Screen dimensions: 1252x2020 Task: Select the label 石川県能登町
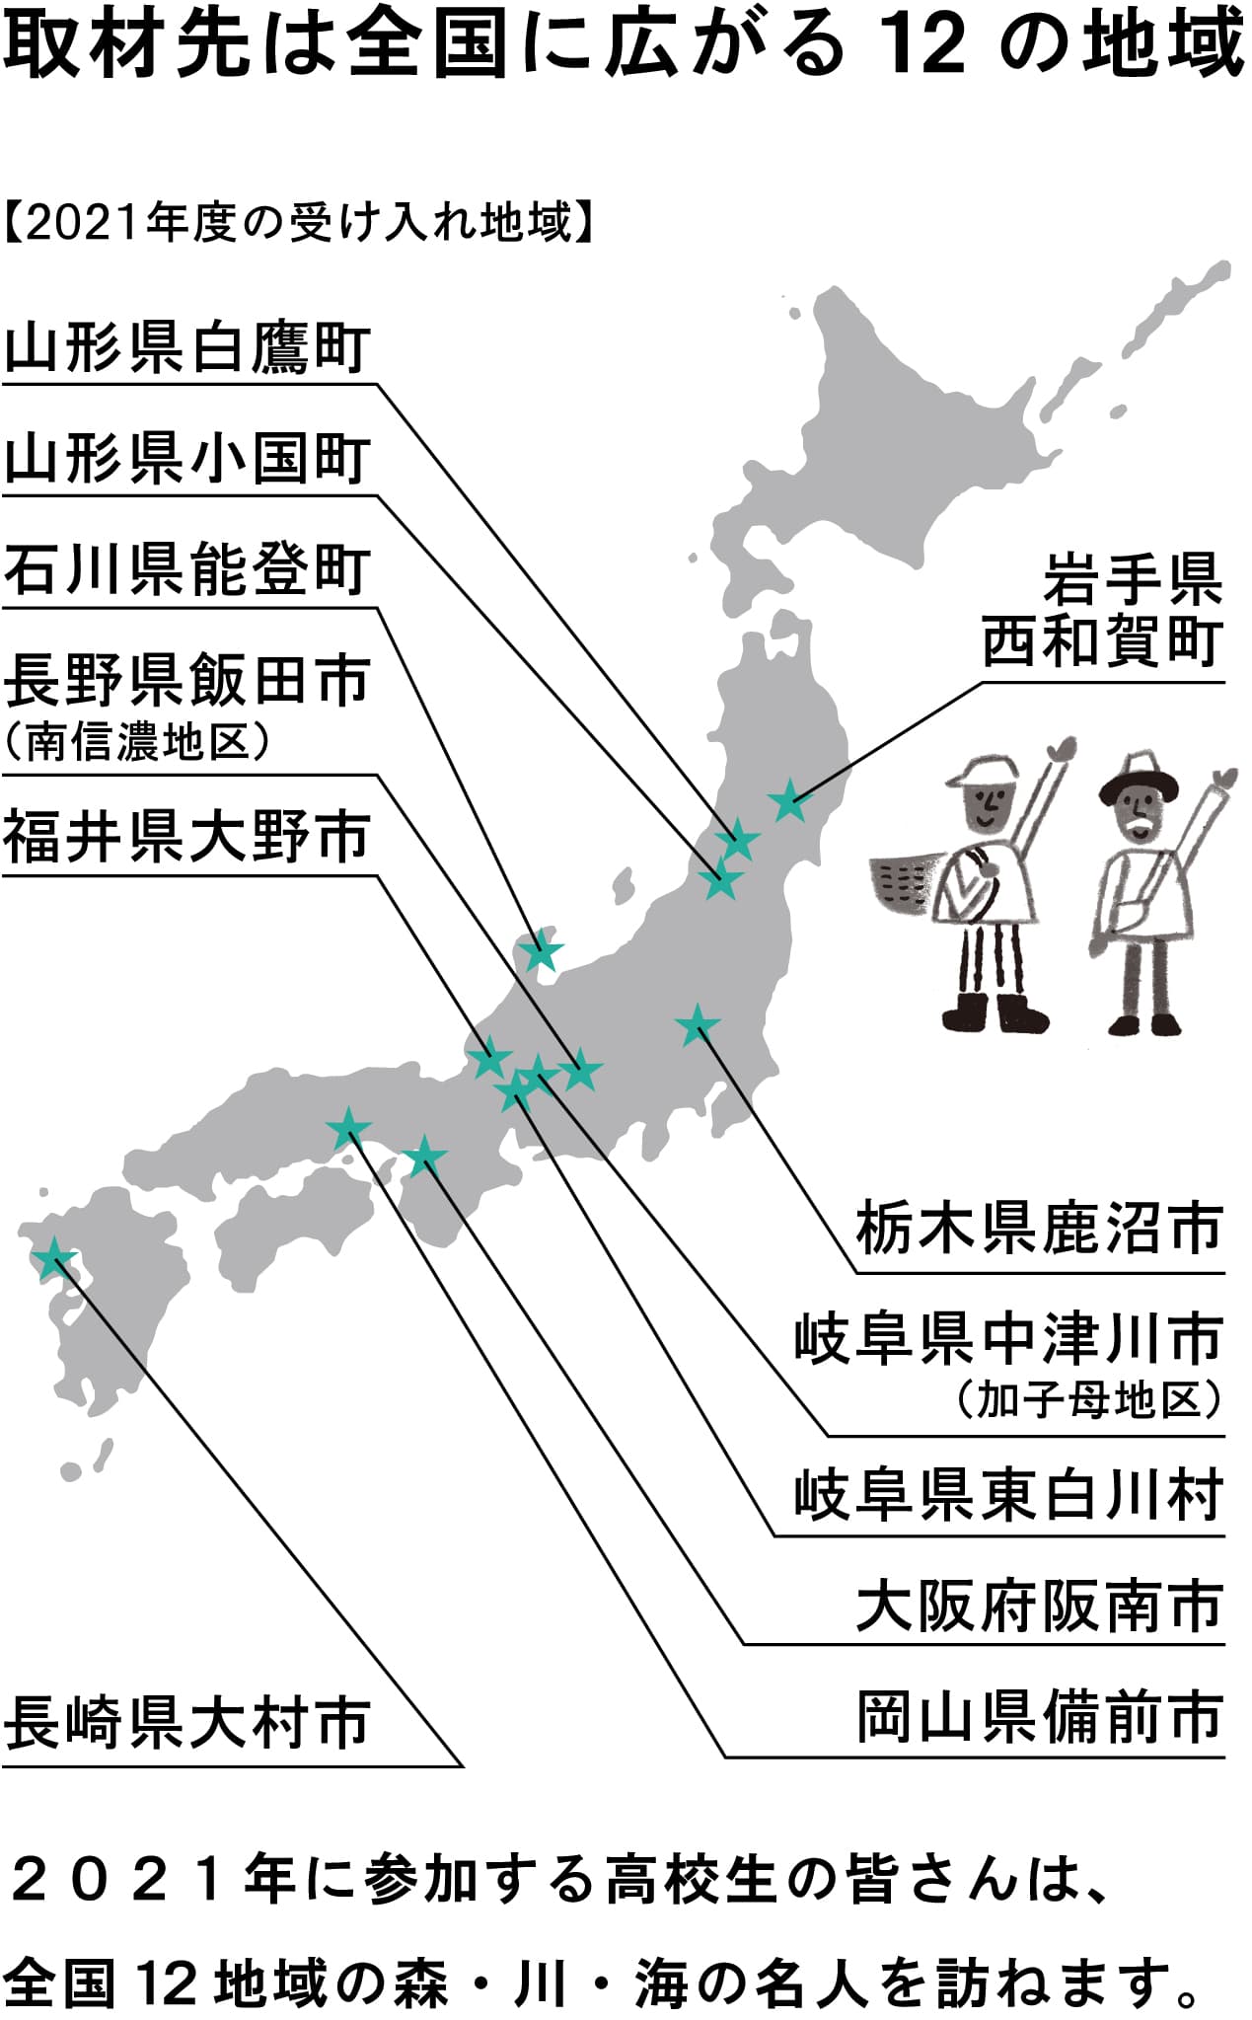(x=187, y=570)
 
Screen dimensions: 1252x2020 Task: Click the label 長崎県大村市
(x=187, y=1722)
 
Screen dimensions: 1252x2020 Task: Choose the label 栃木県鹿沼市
(x=1039, y=1229)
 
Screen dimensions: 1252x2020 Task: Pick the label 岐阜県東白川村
(x=1008, y=1495)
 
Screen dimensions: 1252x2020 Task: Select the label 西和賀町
(x=1102, y=641)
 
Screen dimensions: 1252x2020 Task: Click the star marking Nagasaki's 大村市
(x=53, y=1259)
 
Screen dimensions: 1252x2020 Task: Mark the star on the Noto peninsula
(x=541, y=952)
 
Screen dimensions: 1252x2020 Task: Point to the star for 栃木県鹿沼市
(x=699, y=1026)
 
